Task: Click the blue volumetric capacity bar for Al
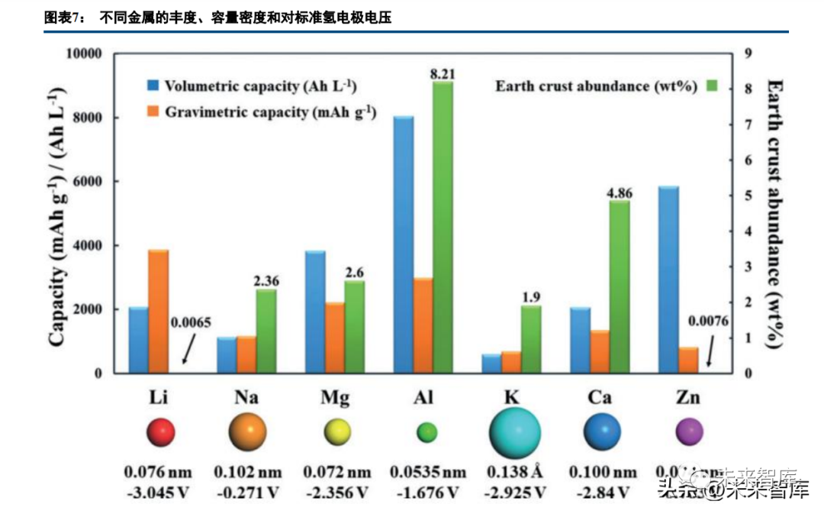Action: click(x=403, y=244)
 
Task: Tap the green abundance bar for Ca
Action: click(x=619, y=286)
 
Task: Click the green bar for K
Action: click(x=531, y=339)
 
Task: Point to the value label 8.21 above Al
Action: click(x=443, y=74)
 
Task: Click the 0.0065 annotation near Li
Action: click(x=190, y=322)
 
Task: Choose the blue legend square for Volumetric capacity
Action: click(x=154, y=86)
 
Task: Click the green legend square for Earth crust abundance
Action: click(x=713, y=86)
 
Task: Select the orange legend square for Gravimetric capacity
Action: click(x=154, y=112)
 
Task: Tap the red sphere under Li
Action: click(x=160, y=433)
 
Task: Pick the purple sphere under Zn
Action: click(x=689, y=433)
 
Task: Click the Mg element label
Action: click(x=336, y=398)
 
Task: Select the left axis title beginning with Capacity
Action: click(x=57, y=214)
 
